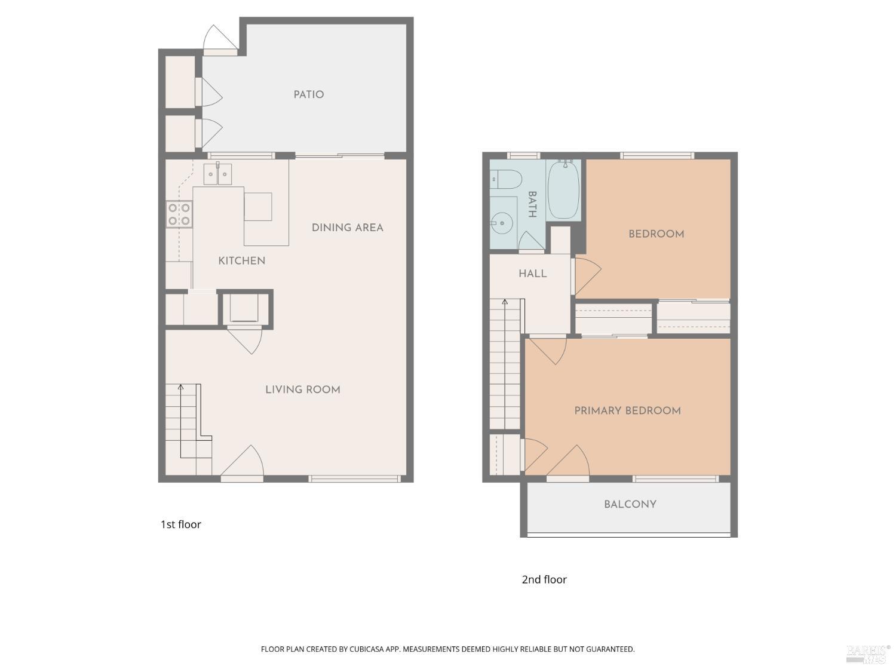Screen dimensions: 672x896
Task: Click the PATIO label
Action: (x=308, y=94)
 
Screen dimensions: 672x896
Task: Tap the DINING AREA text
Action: (x=347, y=228)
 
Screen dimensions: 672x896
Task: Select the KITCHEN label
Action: (x=241, y=261)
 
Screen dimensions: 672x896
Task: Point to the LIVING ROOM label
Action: (x=302, y=390)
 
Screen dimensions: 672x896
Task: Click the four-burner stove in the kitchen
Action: (x=179, y=214)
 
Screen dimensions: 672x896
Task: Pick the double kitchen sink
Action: (x=217, y=174)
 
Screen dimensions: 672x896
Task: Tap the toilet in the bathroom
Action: (x=506, y=179)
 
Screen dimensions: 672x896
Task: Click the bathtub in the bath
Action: (x=563, y=189)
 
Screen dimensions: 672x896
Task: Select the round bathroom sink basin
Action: (x=503, y=223)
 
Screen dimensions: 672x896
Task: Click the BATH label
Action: (x=532, y=204)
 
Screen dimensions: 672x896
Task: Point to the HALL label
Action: (x=532, y=274)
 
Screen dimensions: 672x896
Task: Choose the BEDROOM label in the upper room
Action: (x=656, y=234)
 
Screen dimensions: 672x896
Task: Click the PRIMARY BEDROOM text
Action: (x=627, y=411)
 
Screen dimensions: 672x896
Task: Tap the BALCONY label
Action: (x=630, y=505)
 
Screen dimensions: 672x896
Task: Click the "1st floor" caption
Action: (x=180, y=524)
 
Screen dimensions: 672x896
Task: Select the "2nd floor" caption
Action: (x=544, y=579)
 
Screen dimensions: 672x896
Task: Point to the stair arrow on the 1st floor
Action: (x=180, y=388)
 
